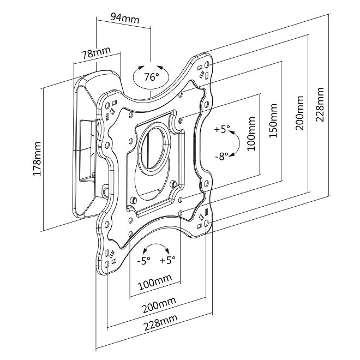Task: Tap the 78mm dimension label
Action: (94, 53)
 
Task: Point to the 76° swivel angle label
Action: (151, 77)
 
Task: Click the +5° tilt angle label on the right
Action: (222, 130)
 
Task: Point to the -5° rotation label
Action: (143, 261)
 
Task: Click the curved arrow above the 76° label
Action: (151, 63)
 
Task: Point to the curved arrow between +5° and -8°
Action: (236, 143)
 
